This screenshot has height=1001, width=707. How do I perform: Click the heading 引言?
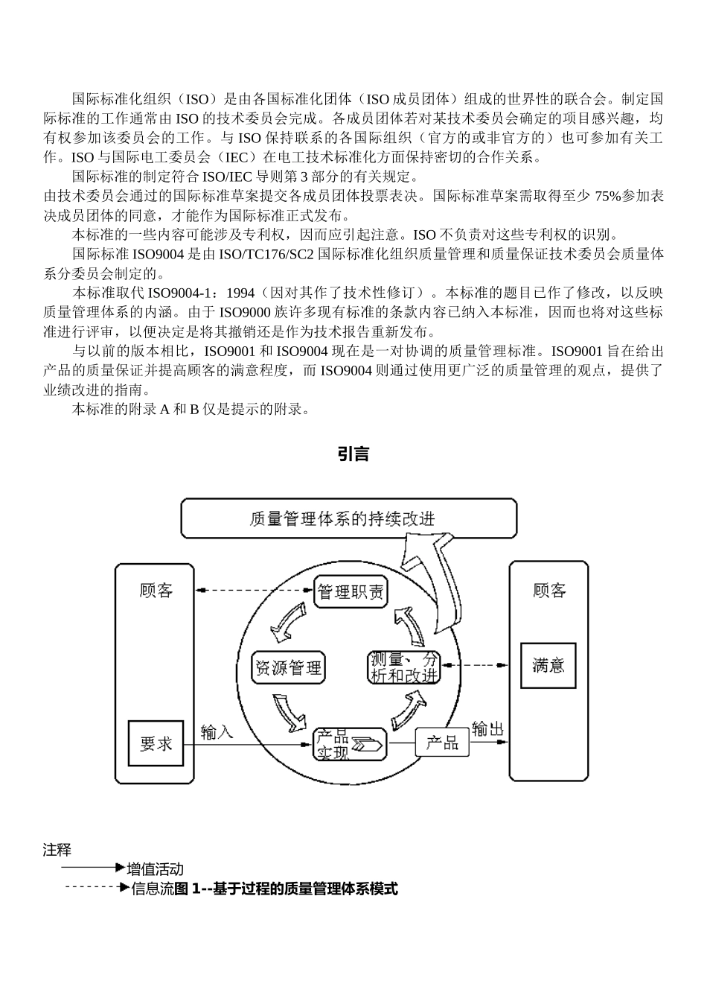pos(353,454)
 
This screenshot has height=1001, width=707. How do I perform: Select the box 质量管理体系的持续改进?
pos(349,518)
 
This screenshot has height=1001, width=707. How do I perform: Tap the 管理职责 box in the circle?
pos(351,592)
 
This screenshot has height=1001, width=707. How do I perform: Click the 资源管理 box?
pos(288,667)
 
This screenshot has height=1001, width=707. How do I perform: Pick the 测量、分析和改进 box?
pos(405,667)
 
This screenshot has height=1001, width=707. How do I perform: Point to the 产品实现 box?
pos(350,744)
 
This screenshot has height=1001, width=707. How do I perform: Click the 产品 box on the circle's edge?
pos(442,743)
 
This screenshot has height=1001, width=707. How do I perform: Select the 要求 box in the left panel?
pos(156,743)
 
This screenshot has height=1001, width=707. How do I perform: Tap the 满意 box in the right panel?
pos(548,665)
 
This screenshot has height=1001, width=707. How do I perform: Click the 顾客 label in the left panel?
pos(156,591)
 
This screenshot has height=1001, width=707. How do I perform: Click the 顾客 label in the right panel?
pos(549,591)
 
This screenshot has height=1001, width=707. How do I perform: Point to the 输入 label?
pos(217,732)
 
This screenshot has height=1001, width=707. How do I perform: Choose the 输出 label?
pos(487,728)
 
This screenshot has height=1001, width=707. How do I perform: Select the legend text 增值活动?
pos(155,869)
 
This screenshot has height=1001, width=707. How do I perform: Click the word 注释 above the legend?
pos(57,850)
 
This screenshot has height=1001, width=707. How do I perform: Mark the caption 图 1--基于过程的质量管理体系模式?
pos(286,889)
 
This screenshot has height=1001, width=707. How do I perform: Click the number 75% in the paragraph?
pos(607,197)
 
